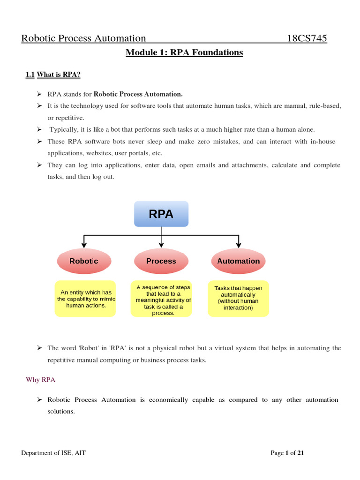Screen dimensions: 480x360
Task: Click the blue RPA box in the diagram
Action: [x=161, y=214]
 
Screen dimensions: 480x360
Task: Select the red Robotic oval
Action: [x=84, y=261]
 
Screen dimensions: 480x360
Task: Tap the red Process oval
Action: [x=161, y=261]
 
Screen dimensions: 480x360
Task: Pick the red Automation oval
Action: [x=239, y=261]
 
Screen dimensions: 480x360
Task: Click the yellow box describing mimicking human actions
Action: [x=86, y=299]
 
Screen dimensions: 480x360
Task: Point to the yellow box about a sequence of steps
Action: [x=161, y=300]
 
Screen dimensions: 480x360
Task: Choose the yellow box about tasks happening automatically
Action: [x=239, y=299]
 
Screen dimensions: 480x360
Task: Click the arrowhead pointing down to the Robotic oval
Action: [x=84, y=244]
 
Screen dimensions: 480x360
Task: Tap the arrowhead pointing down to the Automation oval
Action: [x=239, y=244]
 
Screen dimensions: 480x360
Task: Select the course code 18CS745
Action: [x=307, y=38]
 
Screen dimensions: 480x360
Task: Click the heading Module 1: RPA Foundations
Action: [x=184, y=52]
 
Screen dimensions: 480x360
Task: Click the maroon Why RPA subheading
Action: [x=40, y=380]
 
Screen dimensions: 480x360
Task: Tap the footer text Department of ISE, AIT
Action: [x=53, y=453]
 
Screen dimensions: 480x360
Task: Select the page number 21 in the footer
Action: [x=300, y=453]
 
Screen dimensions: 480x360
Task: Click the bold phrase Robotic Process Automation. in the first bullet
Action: [x=138, y=94]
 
